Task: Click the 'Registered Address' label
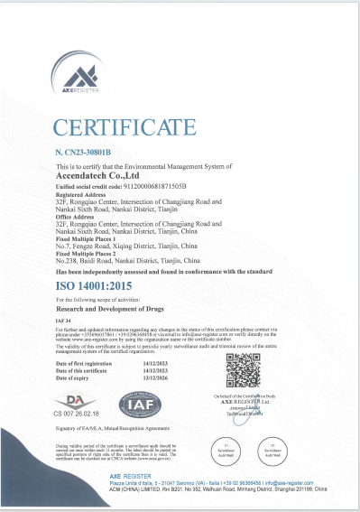(x=80, y=193)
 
